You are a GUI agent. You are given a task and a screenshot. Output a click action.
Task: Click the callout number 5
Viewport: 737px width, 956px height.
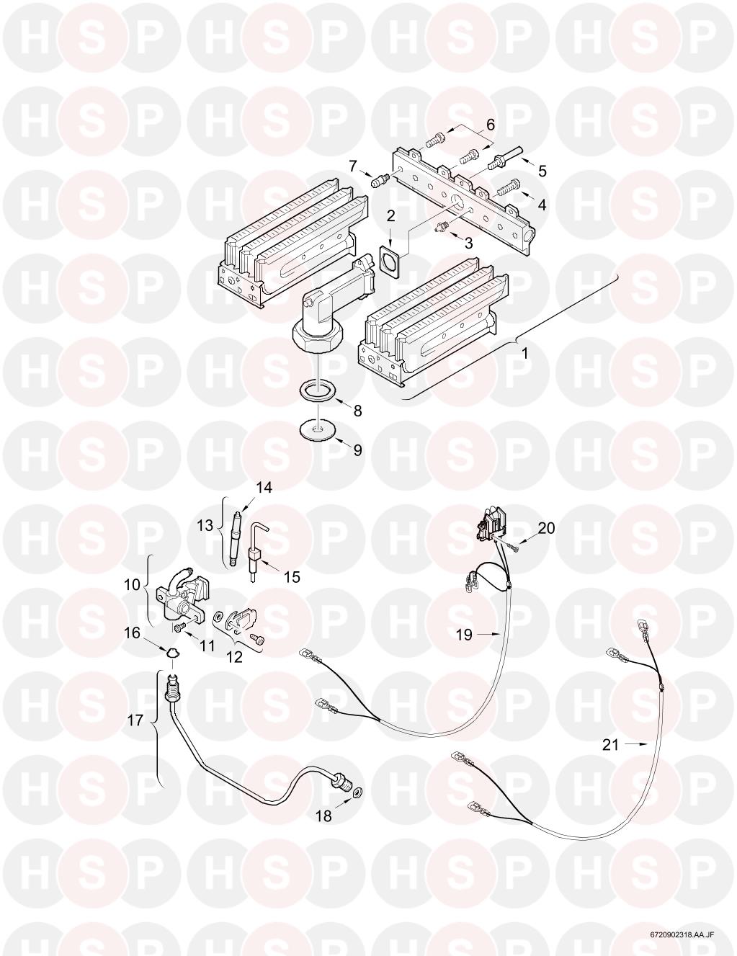(x=542, y=171)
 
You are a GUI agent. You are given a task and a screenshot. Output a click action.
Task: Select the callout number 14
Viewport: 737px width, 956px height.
(x=264, y=488)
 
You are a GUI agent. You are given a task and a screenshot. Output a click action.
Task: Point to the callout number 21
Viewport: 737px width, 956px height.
(x=610, y=745)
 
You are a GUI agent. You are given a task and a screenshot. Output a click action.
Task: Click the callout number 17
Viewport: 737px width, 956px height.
(x=135, y=720)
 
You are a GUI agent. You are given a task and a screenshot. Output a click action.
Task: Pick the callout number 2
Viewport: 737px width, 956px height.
(x=390, y=215)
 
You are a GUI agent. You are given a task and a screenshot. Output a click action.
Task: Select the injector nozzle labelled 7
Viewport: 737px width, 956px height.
(x=379, y=180)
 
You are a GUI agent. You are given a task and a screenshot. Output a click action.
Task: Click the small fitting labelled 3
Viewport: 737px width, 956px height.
(x=440, y=228)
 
